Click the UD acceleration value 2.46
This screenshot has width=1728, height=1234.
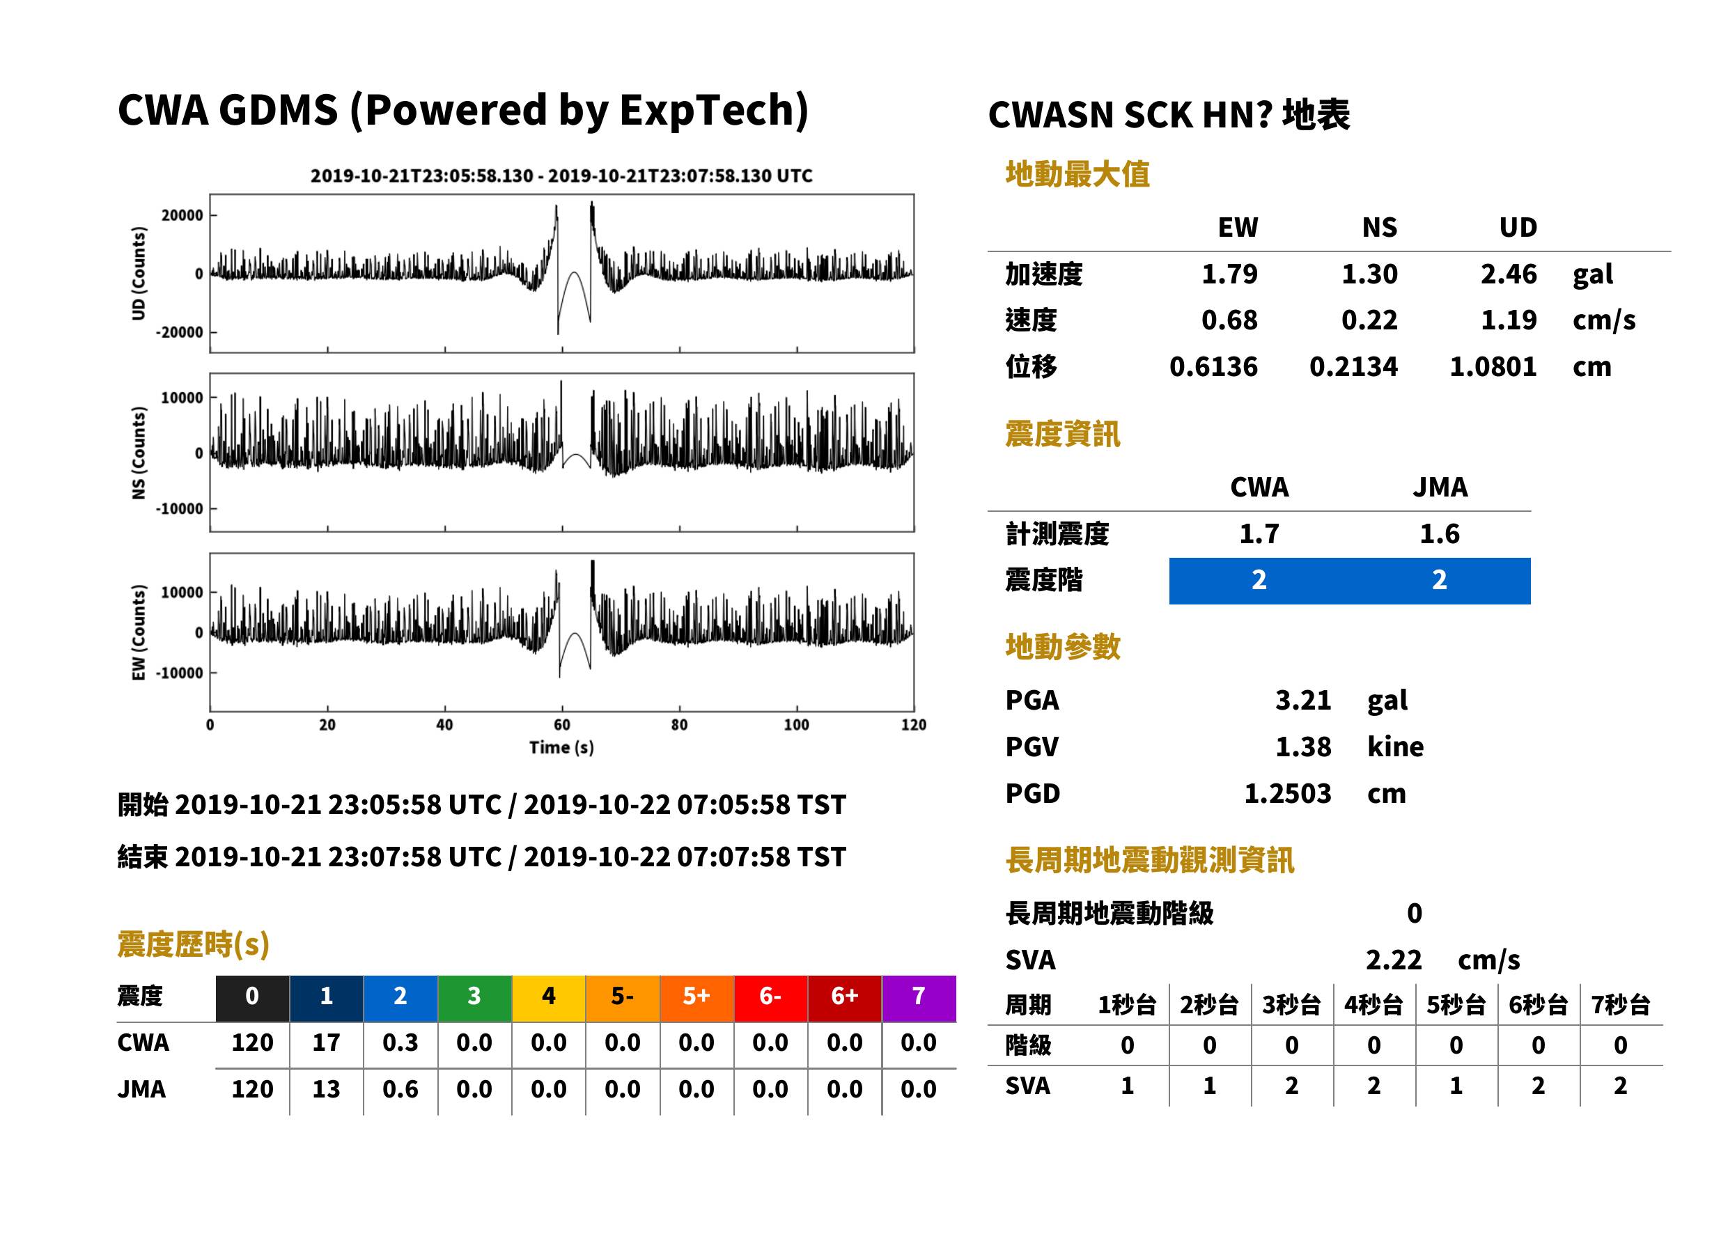click(1509, 274)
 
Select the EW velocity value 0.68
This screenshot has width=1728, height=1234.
click(1229, 320)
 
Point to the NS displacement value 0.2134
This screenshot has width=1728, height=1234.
click(1353, 367)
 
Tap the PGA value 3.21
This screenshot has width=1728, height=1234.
click(1302, 700)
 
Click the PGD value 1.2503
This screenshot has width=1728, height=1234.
click(1287, 794)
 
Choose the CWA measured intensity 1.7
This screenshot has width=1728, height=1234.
click(1259, 534)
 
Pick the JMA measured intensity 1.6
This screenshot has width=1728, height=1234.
click(1439, 534)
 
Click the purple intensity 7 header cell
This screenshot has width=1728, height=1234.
click(919, 998)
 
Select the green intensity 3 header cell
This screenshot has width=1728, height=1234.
click(474, 998)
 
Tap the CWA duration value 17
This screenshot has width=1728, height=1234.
click(326, 1042)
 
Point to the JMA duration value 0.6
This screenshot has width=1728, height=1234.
click(400, 1090)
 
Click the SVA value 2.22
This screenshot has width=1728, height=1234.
click(1394, 960)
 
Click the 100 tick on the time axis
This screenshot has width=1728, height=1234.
click(796, 725)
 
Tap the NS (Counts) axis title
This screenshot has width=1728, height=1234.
click(139, 453)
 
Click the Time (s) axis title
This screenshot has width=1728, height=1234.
click(561, 748)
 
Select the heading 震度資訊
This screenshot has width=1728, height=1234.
click(1062, 435)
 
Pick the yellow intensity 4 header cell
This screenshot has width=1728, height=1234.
click(549, 998)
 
